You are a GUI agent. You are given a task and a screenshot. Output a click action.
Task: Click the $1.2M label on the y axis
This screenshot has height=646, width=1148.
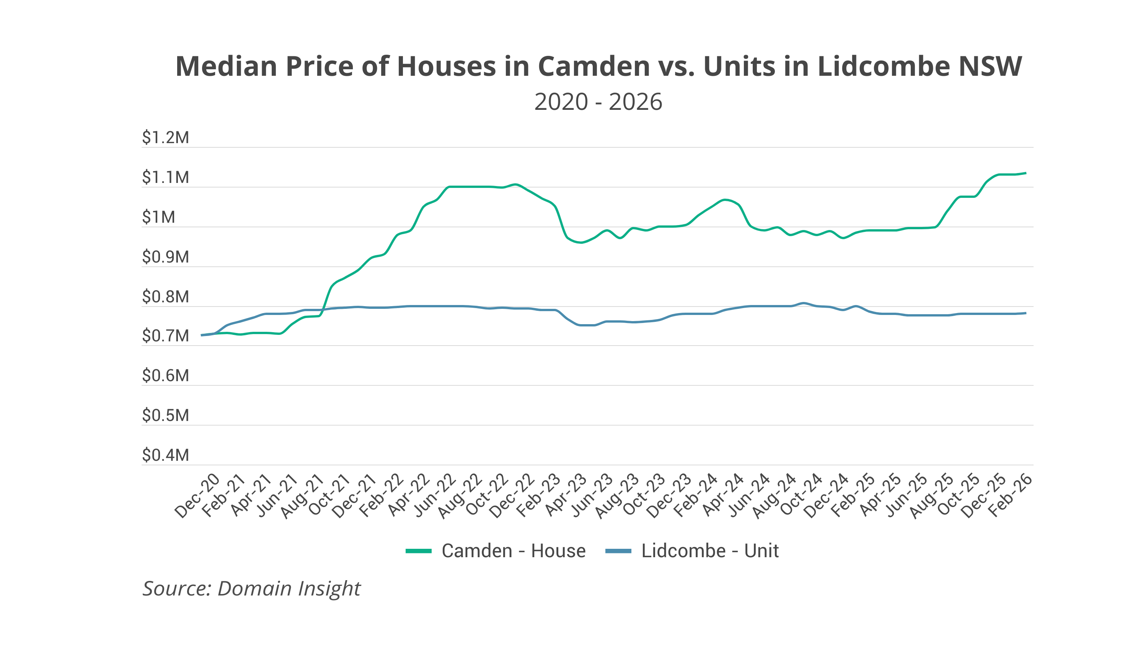165,137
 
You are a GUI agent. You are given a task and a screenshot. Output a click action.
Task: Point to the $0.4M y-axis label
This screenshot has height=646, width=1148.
165,455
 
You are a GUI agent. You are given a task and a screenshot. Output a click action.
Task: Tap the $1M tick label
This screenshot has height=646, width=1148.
159,217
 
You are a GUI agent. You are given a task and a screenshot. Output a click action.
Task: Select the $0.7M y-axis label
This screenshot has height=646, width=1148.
165,336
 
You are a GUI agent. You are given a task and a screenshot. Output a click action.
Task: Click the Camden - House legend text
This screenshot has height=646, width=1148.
514,551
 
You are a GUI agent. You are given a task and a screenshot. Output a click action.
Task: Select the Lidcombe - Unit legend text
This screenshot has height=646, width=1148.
710,551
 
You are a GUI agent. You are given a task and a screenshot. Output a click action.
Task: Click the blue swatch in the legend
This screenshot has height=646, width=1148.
618,551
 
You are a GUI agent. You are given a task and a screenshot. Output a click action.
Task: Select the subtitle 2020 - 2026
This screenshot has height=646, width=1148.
598,102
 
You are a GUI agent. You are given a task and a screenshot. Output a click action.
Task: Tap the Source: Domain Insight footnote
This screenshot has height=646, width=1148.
251,589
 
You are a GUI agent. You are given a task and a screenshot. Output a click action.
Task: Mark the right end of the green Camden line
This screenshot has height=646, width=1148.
1026,173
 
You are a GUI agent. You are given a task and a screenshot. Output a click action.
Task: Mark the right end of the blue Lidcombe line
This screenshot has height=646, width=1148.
1026,313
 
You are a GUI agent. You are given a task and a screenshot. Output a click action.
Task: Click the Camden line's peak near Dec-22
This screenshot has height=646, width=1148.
515,184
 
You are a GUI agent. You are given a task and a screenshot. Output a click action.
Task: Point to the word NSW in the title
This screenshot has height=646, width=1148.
990,67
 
